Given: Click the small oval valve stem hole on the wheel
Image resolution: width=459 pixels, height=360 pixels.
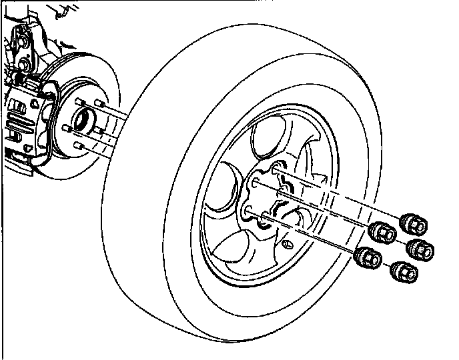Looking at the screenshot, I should (288, 244).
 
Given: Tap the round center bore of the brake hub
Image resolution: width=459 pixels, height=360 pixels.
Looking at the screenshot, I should (82, 121).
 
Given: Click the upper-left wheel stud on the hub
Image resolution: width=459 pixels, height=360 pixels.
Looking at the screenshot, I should (79, 102).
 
